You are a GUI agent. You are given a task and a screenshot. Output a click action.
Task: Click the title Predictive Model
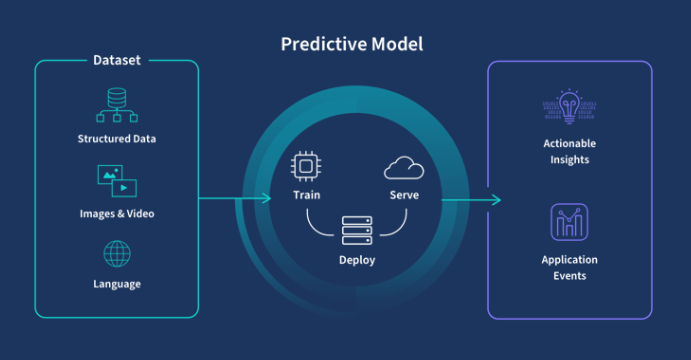351,44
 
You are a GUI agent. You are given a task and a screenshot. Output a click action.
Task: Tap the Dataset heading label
116,60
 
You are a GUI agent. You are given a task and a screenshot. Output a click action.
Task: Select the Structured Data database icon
116,105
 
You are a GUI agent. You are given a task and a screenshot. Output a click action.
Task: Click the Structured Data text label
116,138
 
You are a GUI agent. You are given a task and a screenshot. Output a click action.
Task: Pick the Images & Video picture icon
116,181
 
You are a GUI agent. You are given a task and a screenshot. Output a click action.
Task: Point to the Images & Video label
116,213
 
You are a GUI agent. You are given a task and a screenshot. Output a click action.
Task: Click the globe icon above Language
117,252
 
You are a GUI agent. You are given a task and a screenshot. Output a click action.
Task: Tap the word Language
117,284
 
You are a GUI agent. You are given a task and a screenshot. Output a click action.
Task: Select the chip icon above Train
306,166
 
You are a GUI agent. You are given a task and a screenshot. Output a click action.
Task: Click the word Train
306,194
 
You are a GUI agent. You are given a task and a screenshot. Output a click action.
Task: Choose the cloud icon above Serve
404,166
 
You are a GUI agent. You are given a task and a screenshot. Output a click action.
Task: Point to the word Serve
404,194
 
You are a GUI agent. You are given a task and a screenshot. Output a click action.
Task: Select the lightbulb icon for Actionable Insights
569,107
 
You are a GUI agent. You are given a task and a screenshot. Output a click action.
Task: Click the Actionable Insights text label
569,152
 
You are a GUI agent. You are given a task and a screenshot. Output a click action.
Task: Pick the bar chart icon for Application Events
569,222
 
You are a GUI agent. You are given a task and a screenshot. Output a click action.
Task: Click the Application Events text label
569,267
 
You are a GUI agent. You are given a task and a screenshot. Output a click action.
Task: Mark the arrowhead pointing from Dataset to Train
267,198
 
